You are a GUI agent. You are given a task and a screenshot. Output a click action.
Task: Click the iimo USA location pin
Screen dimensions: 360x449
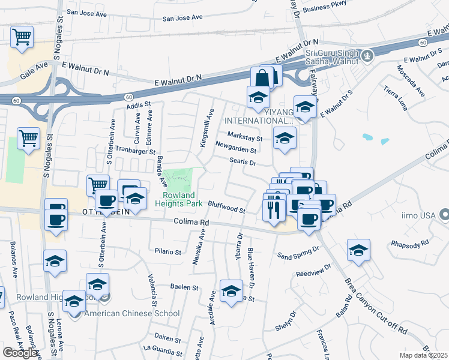coord(444,214)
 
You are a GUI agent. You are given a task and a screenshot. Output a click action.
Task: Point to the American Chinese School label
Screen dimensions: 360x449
coord(132,313)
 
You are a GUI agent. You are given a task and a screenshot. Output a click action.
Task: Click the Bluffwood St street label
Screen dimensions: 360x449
coord(226,207)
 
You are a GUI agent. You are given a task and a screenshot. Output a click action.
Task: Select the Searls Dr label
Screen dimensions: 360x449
coord(243,162)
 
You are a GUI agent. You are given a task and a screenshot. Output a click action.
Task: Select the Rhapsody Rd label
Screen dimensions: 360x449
coord(409,244)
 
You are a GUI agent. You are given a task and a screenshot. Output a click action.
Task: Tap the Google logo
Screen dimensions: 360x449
coord(20,352)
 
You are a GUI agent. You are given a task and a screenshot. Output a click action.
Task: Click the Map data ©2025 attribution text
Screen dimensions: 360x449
coord(423,355)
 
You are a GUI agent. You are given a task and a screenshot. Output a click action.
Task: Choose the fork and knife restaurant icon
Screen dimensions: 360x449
coord(272,208)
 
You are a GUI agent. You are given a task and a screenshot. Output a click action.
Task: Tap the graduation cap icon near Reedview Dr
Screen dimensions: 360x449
coord(358,251)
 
